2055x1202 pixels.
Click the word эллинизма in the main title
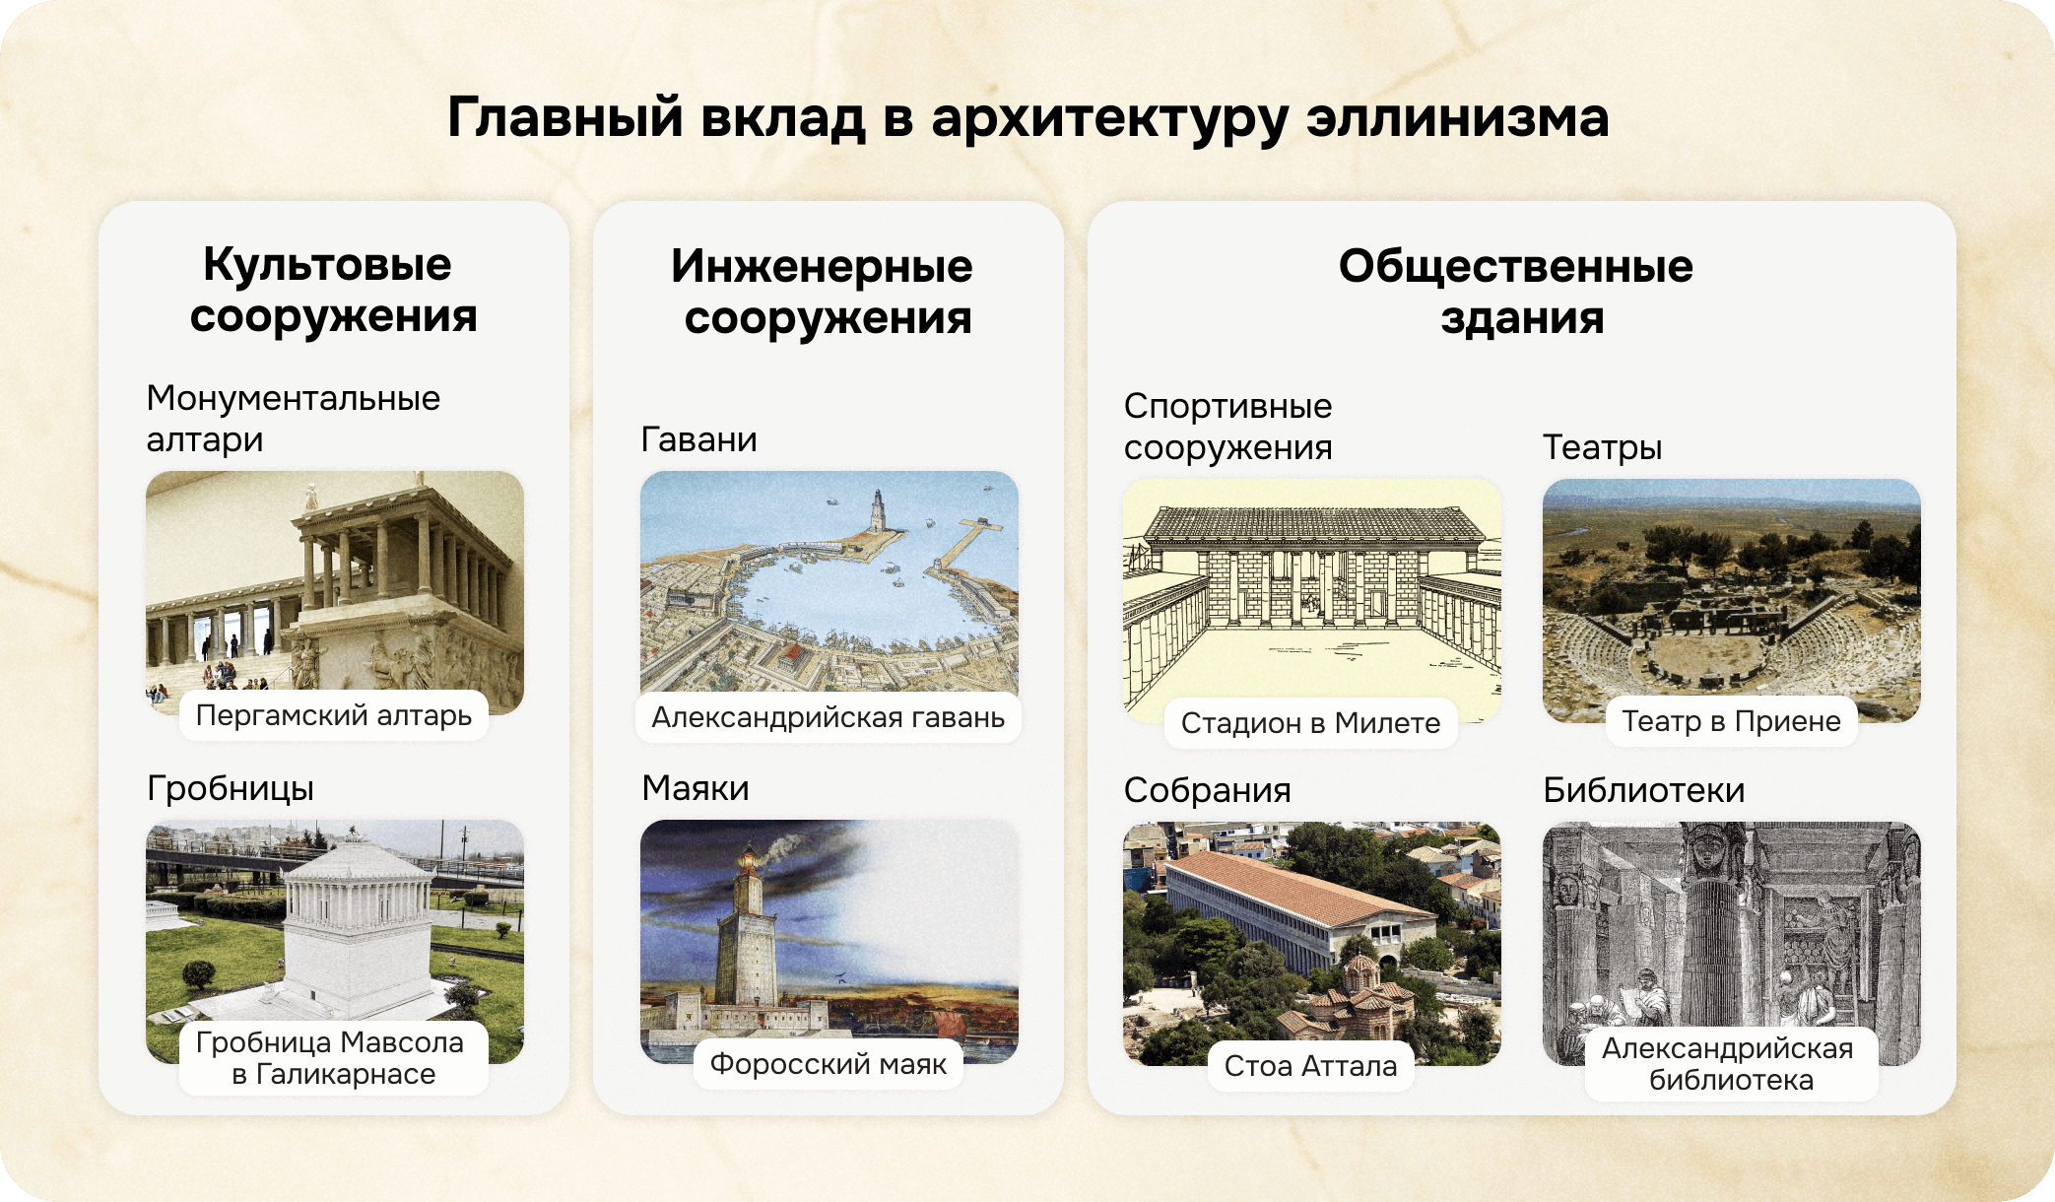click(1457, 117)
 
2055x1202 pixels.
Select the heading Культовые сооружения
click(332, 290)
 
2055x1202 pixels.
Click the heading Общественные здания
click(1518, 292)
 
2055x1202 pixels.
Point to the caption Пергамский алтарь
click(333, 714)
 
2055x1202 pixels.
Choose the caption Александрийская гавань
click(828, 717)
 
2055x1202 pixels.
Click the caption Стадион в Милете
click(1310, 723)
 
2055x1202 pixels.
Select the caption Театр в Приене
click(1731, 721)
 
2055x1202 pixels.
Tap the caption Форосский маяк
click(828, 1063)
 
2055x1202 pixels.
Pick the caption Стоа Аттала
click(1310, 1066)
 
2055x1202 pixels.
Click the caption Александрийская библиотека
click(1730, 1064)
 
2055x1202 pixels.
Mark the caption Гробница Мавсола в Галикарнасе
click(333, 1057)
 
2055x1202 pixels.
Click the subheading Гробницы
click(231, 788)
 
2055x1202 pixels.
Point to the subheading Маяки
click(696, 788)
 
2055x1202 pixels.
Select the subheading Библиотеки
click(1643, 790)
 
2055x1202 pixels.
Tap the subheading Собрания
click(1207, 790)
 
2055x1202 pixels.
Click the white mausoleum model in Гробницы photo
click(357, 926)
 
